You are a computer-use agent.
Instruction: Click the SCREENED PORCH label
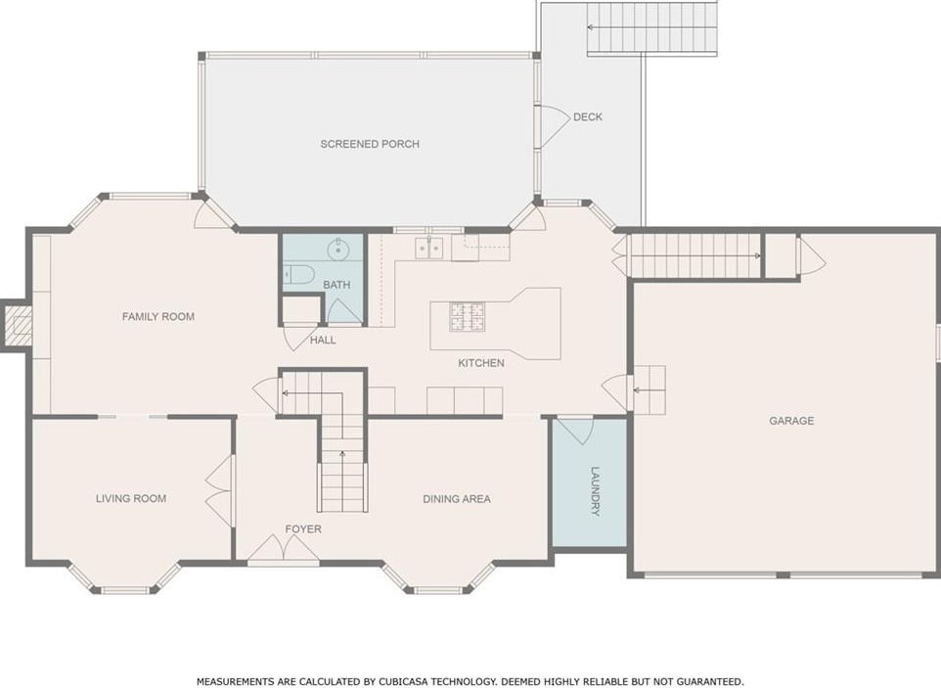370,144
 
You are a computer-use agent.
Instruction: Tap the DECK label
588,116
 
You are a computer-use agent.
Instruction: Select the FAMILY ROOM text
157,316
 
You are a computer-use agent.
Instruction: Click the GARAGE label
790,421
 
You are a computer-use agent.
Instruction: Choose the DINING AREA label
456,499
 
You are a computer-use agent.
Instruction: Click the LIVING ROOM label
131,498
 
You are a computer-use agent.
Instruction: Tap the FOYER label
303,529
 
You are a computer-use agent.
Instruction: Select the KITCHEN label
481,363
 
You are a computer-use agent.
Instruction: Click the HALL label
323,340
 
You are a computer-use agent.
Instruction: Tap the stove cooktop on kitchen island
468,315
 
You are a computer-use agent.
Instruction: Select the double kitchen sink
427,249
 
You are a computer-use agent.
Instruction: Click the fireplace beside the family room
17,324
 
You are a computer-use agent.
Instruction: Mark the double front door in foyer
283,553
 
